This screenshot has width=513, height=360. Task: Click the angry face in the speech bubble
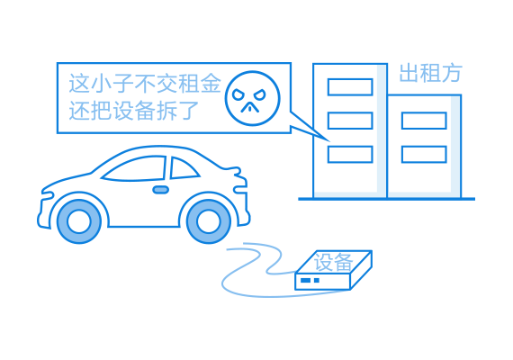click(252, 98)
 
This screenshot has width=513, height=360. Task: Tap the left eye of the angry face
click(238, 95)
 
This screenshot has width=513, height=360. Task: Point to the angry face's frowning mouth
click(250, 107)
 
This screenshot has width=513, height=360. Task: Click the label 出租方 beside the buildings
click(430, 73)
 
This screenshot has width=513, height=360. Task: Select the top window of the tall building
click(350, 87)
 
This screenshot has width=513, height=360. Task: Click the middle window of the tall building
click(350, 121)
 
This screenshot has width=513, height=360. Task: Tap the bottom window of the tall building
click(350, 154)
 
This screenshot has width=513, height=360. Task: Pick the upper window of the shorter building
click(424, 121)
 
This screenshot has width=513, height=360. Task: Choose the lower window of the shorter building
click(424, 154)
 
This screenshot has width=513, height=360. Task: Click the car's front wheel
click(79, 221)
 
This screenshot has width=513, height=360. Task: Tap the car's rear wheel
click(209, 221)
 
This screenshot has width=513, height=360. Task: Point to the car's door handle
click(160, 190)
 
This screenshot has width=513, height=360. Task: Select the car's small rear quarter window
click(184, 168)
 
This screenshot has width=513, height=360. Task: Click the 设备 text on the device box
click(333, 262)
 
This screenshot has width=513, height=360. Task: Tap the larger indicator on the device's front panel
click(305, 280)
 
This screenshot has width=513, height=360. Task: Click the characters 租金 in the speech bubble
click(200, 83)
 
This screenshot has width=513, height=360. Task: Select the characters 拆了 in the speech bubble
click(177, 111)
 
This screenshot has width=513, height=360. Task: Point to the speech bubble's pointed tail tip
click(329, 141)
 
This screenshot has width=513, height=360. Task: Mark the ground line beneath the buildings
click(386, 199)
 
